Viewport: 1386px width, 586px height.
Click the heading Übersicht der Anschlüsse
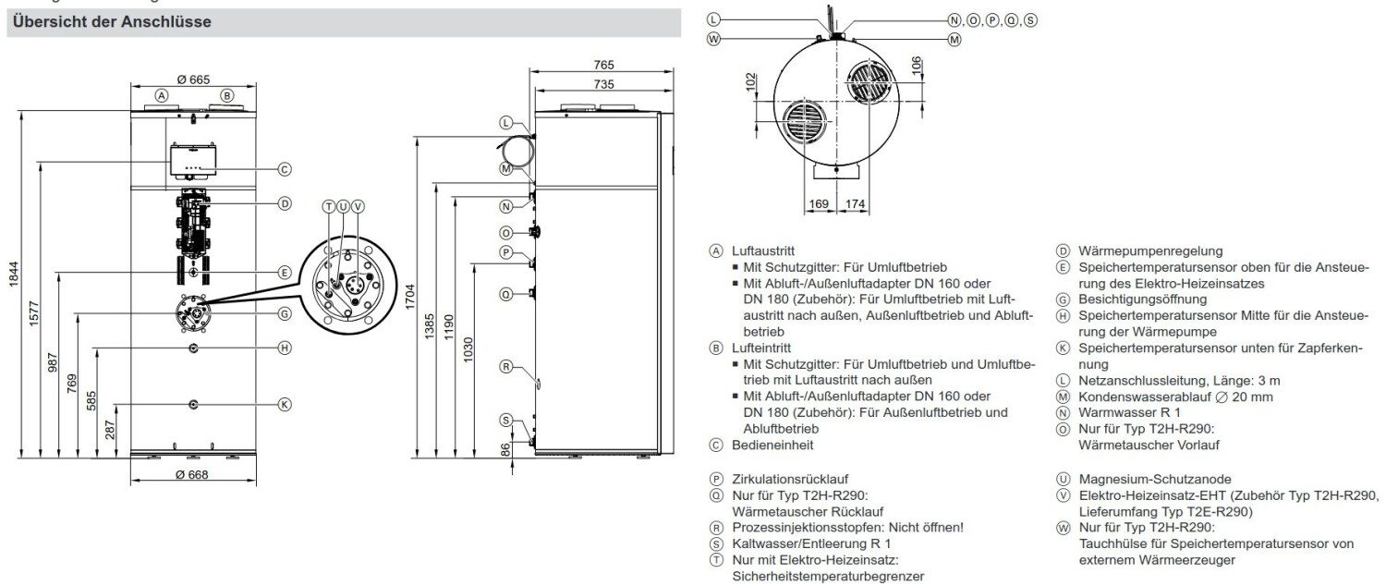tap(111, 22)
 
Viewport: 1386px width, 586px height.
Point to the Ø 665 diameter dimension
tap(193, 79)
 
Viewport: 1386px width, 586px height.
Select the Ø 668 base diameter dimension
tap(192, 474)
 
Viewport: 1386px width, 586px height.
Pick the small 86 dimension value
tap(503, 450)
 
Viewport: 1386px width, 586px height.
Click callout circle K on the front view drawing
tap(285, 404)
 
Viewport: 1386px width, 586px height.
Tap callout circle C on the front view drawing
tap(285, 169)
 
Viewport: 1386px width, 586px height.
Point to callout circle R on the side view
tap(505, 366)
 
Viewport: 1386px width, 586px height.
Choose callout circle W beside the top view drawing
tap(712, 39)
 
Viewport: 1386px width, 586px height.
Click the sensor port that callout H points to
tap(192, 347)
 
